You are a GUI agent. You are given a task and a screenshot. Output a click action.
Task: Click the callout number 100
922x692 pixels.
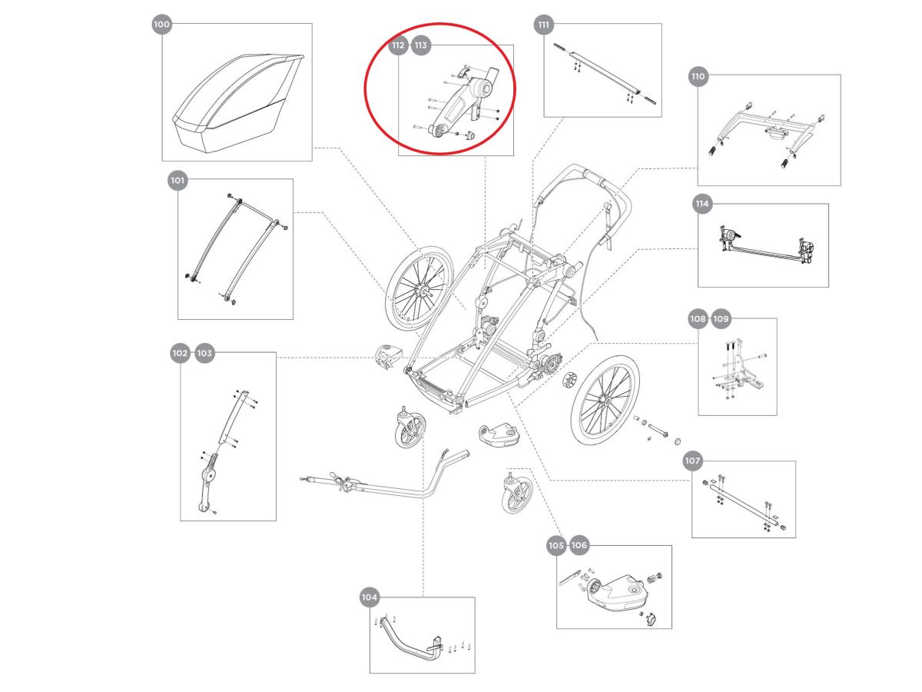click(x=161, y=25)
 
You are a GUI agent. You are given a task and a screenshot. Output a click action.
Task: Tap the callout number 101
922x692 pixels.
click(x=177, y=181)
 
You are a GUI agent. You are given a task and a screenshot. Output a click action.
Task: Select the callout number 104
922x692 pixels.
click(x=370, y=597)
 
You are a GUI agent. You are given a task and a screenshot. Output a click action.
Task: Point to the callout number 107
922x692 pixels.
click(x=692, y=461)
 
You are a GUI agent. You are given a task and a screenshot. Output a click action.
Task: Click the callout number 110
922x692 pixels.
click(x=698, y=77)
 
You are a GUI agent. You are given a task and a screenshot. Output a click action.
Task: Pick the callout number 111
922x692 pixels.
click(x=544, y=25)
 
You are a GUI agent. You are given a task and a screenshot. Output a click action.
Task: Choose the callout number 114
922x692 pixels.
click(x=701, y=205)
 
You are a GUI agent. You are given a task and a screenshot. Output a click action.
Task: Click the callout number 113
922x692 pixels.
click(x=421, y=45)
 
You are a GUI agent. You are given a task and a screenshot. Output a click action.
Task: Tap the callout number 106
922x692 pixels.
click(x=579, y=546)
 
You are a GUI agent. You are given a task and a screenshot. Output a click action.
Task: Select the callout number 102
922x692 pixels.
click(x=180, y=353)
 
